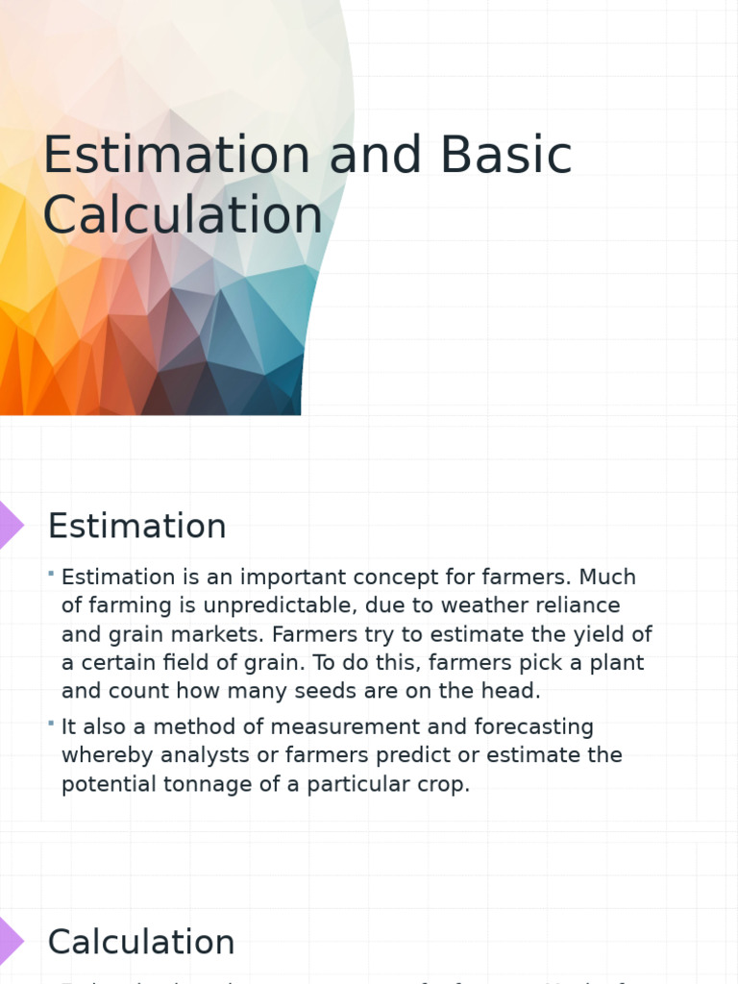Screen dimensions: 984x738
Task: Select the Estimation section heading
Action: pos(137,527)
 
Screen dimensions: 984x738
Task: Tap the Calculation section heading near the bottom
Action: pos(141,942)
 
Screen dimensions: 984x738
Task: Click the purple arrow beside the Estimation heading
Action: pos(11,525)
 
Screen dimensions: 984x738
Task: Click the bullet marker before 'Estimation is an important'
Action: pos(50,575)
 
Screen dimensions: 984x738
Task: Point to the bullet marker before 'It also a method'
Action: pos(50,724)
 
